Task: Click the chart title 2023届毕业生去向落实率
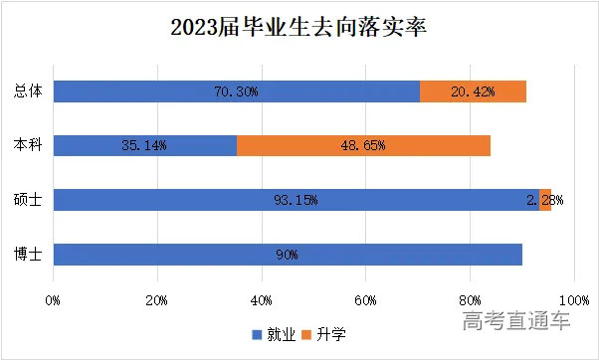click(x=298, y=28)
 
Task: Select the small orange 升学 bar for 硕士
click(x=545, y=200)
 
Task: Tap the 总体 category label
click(x=28, y=91)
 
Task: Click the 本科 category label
click(x=28, y=145)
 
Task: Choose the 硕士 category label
click(x=28, y=200)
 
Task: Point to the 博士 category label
click(x=28, y=254)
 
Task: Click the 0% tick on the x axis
click(x=54, y=298)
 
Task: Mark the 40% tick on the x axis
click(x=262, y=298)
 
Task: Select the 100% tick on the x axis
click(x=573, y=298)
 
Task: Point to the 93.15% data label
click(x=296, y=200)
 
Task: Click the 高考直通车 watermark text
click(x=516, y=321)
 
